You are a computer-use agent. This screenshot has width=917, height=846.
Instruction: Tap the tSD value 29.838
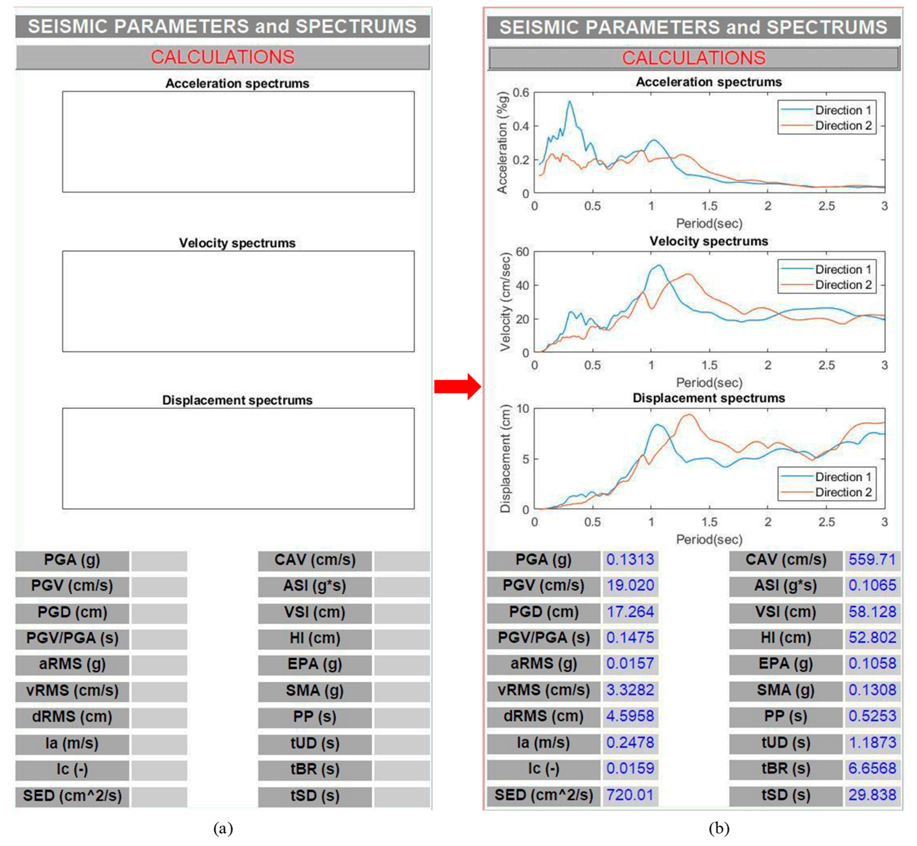[872, 795]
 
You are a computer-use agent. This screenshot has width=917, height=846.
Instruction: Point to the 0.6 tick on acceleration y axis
[521, 93]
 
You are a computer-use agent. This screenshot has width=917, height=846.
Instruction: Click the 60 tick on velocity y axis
[522, 252]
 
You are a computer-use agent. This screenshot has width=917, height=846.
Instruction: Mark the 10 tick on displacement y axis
[522, 409]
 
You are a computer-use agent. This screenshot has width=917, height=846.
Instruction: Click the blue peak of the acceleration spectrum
[569, 101]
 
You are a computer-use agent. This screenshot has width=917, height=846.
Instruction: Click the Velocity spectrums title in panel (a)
[237, 243]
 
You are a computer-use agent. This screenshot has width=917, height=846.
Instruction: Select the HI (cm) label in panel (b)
[786, 638]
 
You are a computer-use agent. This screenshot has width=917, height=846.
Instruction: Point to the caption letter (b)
[719, 828]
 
